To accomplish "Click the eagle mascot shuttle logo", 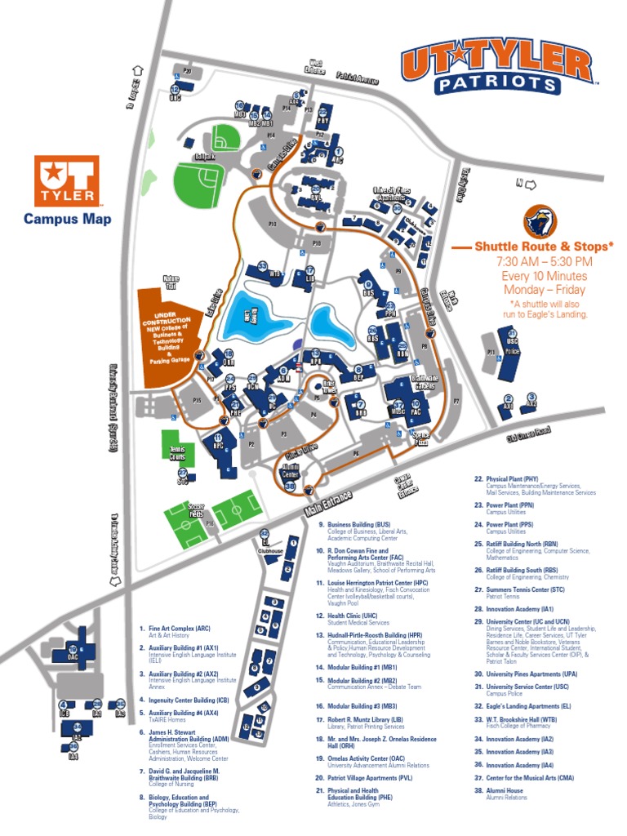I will [540, 220].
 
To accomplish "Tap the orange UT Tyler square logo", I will [67, 181].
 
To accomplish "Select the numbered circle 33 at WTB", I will [262, 265].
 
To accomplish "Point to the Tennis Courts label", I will [178, 454].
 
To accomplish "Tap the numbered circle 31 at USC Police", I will [513, 333].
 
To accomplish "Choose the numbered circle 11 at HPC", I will [218, 438].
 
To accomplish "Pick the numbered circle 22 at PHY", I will [323, 112].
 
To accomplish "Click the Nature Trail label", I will [171, 281].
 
